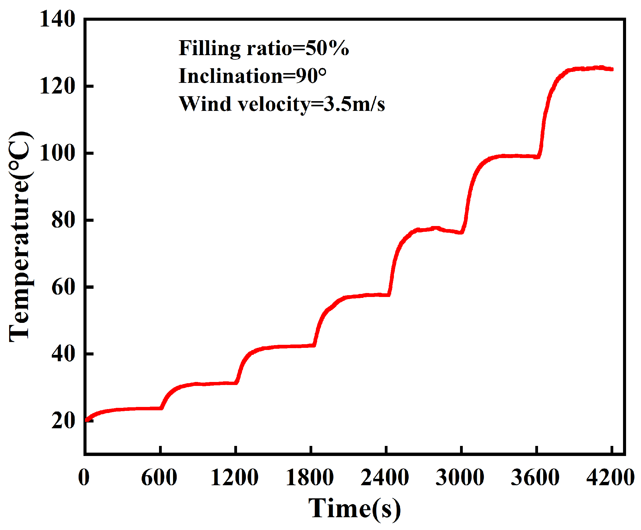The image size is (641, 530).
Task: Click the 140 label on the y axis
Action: pyautogui.click(x=57, y=19)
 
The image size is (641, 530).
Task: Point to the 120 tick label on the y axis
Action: pyautogui.click(x=57, y=86)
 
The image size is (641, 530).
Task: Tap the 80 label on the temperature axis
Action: pyautogui.click(x=63, y=220)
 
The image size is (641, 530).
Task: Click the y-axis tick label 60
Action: pyautogui.click(x=63, y=287)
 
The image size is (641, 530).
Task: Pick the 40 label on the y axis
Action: pyautogui.click(x=63, y=354)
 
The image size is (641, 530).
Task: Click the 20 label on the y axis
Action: pyautogui.click(x=63, y=421)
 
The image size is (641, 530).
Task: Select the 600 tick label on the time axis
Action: pyautogui.click(x=159, y=478)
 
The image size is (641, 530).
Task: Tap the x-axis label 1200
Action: pyautogui.click(x=234, y=478)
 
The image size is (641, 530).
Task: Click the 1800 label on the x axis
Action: pyautogui.click(x=310, y=478)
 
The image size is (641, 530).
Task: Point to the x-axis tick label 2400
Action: pyautogui.click(x=385, y=478)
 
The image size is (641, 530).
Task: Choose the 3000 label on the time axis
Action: pyautogui.click(x=460, y=478)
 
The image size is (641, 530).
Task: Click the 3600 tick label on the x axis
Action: pyautogui.click(x=535, y=478)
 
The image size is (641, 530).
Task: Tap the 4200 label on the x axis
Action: pyautogui.click(x=611, y=478)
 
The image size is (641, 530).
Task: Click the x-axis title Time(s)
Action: pyautogui.click(x=354, y=509)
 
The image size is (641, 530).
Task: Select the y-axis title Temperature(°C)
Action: pyautogui.click(x=20, y=237)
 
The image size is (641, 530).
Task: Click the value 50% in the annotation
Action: pyautogui.click(x=327, y=48)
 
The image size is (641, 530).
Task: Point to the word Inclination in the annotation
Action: pyautogui.click(x=231, y=76)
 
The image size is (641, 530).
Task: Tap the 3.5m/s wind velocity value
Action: pyautogui.click(x=354, y=104)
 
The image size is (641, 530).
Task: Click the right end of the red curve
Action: pyautogui.click(x=612, y=69)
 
